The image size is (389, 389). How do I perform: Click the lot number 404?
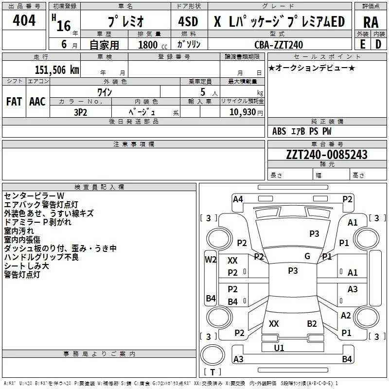coord(24,20)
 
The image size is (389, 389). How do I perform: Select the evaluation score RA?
coord(371,22)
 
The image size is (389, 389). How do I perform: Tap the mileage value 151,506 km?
coord(57,70)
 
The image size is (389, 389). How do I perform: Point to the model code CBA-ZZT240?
coord(279,45)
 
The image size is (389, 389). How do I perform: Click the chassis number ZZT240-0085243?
coord(327,155)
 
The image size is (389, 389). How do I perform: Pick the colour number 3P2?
coord(80,112)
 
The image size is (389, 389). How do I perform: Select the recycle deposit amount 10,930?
coord(243,112)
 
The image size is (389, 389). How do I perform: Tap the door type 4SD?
coord(188,21)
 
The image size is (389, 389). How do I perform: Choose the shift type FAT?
coord(14,102)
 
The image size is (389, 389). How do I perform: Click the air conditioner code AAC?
coord(37,102)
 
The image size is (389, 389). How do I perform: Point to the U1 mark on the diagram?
coord(279,348)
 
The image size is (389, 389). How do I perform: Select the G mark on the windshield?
coord(307,256)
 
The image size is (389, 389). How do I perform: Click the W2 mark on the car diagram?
coord(211,260)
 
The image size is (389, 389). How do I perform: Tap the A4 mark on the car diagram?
coord(238,199)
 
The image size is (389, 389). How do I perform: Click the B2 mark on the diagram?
coord(312,324)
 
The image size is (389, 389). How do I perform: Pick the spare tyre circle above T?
coord(212,355)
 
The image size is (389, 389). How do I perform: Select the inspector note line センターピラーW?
coord(34,196)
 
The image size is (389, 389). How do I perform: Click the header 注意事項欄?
coord(134,144)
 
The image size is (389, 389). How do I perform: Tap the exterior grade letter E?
coord(363,44)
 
